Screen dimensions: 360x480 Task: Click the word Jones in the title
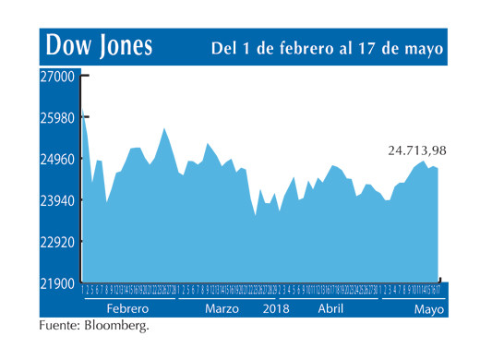124,46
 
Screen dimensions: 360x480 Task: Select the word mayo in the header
422,48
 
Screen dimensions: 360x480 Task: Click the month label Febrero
127,308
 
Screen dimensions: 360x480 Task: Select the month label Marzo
222,308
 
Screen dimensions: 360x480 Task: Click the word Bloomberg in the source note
115,326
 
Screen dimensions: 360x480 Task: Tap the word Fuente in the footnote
59,326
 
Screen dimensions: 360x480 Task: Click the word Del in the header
225,48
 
